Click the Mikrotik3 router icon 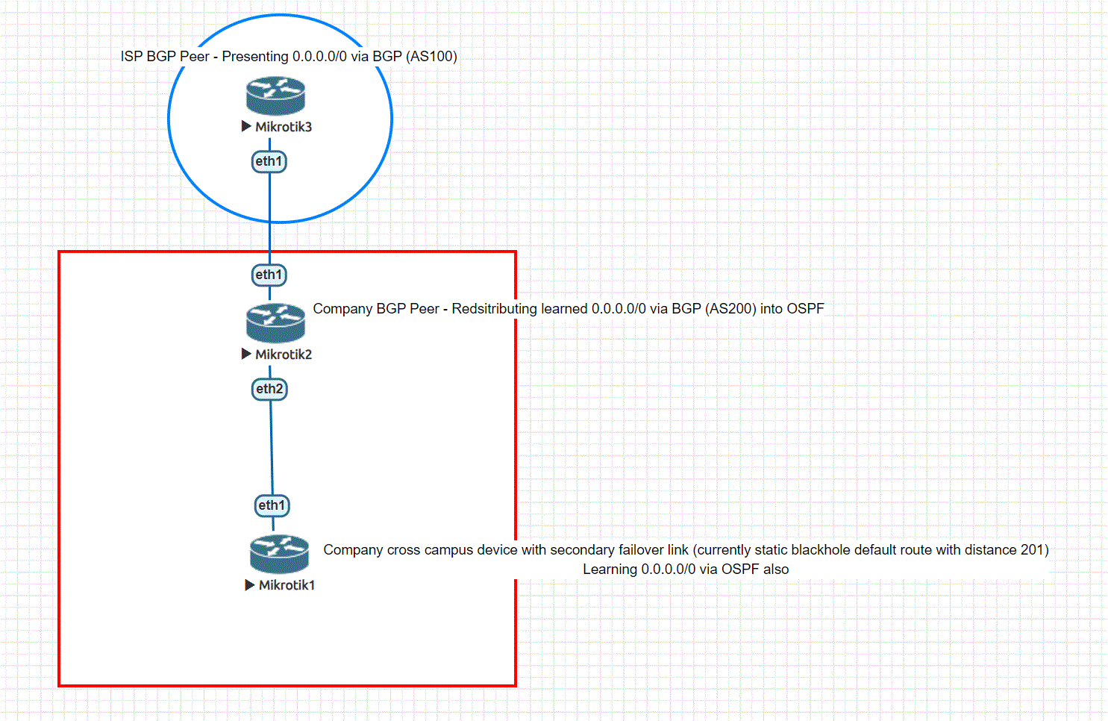tap(275, 96)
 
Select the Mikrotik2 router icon tap(275, 323)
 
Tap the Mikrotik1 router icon tap(279, 554)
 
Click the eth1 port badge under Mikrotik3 tap(269, 161)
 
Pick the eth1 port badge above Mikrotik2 tap(269, 275)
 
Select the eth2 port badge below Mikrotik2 tap(269, 389)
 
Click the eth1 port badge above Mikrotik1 tap(272, 505)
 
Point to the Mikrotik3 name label tap(284, 127)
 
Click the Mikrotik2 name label tap(284, 355)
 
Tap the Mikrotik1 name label tap(287, 585)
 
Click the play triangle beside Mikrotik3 tap(246, 126)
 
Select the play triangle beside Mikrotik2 tap(246, 354)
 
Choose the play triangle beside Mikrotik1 tap(250, 584)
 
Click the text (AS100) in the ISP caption tap(431, 57)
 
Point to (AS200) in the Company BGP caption tap(730, 309)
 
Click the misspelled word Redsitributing tap(494, 309)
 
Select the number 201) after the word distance tap(1035, 550)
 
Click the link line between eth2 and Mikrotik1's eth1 tap(271, 448)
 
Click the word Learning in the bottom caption tap(610, 569)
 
